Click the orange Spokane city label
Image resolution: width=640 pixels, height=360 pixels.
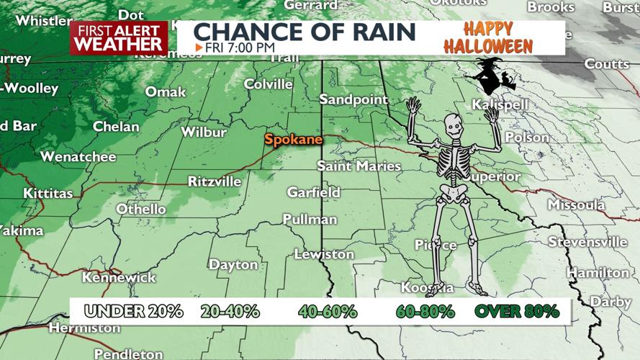[x=293, y=139]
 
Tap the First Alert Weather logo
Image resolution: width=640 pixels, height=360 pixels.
[x=119, y=37]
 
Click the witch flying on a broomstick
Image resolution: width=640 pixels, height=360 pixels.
[x=492, y=76]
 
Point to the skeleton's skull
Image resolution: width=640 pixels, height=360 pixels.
[x=453, y=127]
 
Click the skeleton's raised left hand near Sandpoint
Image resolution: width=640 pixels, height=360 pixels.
[x=413, y=107]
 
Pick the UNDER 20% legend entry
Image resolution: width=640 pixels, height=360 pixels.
[x=133, y=311]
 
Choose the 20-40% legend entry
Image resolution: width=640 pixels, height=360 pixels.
[x=230, y=311]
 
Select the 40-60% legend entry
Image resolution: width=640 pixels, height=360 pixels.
[x=328, y=311]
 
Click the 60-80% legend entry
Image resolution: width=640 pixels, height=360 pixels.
[x=425, y=311]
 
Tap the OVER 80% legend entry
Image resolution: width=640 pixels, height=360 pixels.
[x=516, y=311]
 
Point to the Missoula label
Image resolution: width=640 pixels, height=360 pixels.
[x=576, y=205]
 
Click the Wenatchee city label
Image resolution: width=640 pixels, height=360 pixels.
[x=78, y=156]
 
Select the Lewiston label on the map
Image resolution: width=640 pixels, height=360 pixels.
[x=324, y=254]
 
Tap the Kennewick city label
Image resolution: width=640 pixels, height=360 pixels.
[x=119, y=277]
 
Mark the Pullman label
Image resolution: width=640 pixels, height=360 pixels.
[x=310, y=219]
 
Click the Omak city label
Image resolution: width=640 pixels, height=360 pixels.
[x=166, y=91]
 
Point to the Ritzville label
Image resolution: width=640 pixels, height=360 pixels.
[x=215, y=181]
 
